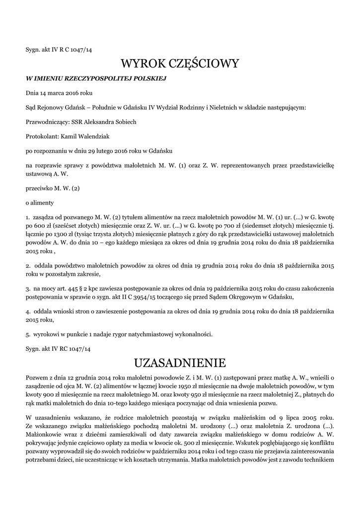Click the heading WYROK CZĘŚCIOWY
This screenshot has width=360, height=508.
pos(180,63)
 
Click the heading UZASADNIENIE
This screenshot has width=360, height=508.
pos(180,361)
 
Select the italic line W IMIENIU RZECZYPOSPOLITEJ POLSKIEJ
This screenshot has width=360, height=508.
pos(95,78)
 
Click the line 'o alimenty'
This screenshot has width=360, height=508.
pos(40,202)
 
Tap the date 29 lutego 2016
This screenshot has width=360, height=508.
pos(107,150)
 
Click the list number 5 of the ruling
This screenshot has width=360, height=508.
pos(27,334)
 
